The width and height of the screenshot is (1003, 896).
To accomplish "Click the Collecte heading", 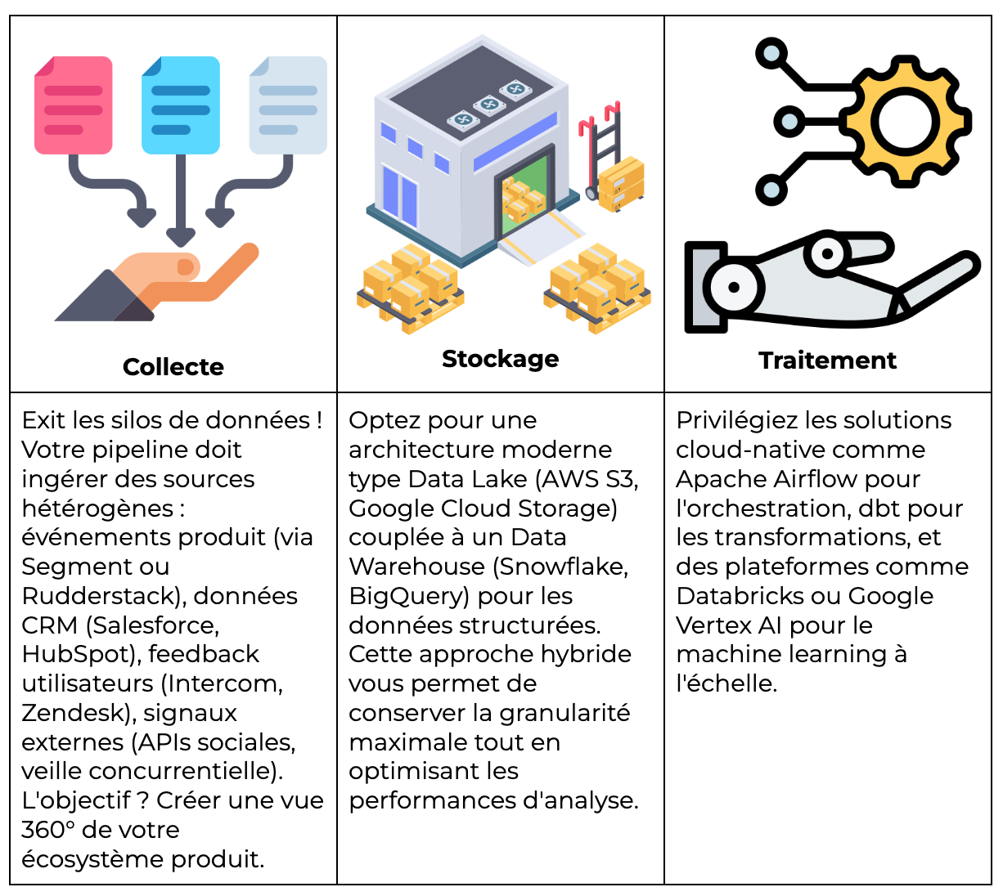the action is click(173, 367).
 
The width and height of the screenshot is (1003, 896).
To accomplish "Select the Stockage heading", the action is click(500, 359).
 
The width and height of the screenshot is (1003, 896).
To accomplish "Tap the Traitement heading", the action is click(827, 361).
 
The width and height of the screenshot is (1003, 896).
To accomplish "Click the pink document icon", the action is click(73, 105).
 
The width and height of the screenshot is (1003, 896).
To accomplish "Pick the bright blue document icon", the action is click(181, 105).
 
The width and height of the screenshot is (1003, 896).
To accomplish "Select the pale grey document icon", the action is click(288, 105).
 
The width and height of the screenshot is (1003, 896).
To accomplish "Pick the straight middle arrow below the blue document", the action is click(181, 200).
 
